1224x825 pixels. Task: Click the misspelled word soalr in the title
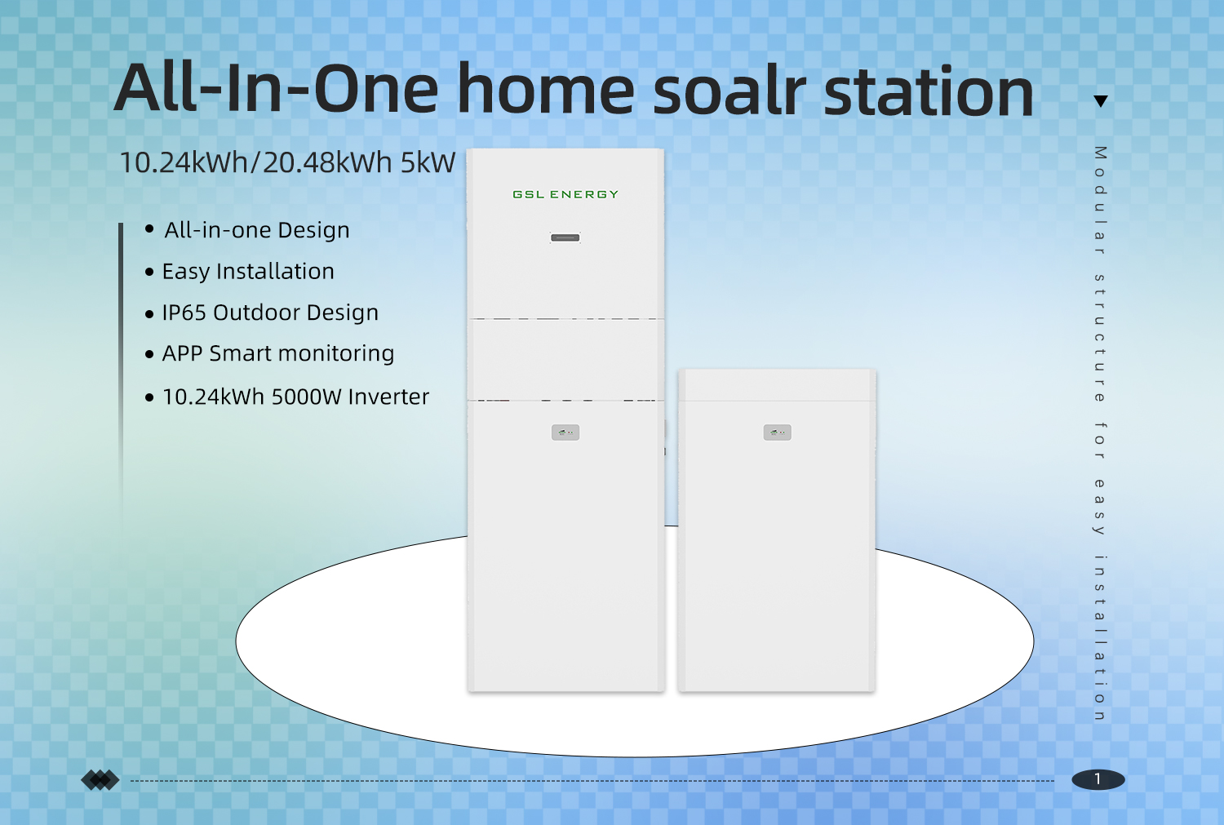coord(730,91)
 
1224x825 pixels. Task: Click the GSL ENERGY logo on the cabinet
coord(565,194)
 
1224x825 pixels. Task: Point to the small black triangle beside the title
coord(1101,101)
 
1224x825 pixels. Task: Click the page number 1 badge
coord(1098,779)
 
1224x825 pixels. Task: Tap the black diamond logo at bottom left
coord(100,780)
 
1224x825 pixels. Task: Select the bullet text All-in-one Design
coord(256,230)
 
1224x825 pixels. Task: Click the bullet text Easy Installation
coord(248,272)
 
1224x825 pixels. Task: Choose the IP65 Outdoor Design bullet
coord(270,313)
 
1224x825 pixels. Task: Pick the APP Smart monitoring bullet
coord(277,353)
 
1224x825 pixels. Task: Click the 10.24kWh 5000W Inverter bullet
coord(295,397)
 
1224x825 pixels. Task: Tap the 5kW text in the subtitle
coord(428,162)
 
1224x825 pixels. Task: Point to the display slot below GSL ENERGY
coord(565,237)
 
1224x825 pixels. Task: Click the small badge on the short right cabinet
coord(777,432)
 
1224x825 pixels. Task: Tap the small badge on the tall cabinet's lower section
coord(565,432)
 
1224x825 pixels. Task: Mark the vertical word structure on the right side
coord(1100,339)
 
